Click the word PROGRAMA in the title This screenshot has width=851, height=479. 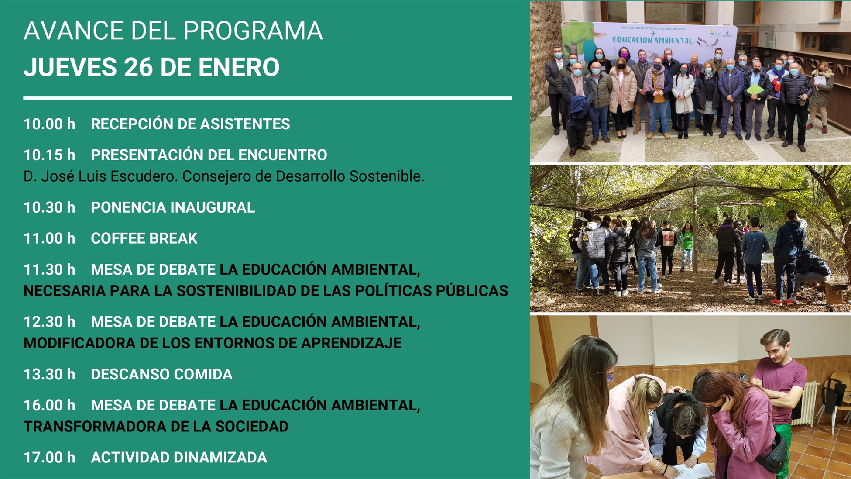[253, 31]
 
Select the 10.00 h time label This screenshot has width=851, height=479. [49, 124]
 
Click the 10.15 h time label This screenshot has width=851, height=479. [49, 155]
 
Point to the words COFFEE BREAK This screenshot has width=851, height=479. [144, 238]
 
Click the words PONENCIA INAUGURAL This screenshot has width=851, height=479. [173, 207]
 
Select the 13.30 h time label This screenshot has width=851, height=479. [49, 374]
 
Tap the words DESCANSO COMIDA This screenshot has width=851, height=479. [161, 374]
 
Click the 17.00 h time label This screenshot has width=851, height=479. [49, 458]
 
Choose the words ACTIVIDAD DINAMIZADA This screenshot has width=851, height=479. [179, 458]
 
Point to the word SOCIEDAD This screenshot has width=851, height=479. [252, 427]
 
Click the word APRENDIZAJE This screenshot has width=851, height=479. [351, 343]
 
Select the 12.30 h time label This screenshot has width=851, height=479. [49, 322]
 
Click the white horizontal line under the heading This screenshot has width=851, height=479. [268, 98]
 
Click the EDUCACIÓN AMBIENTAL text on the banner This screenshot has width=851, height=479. [652, 40]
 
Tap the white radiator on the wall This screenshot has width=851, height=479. [804, 403]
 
